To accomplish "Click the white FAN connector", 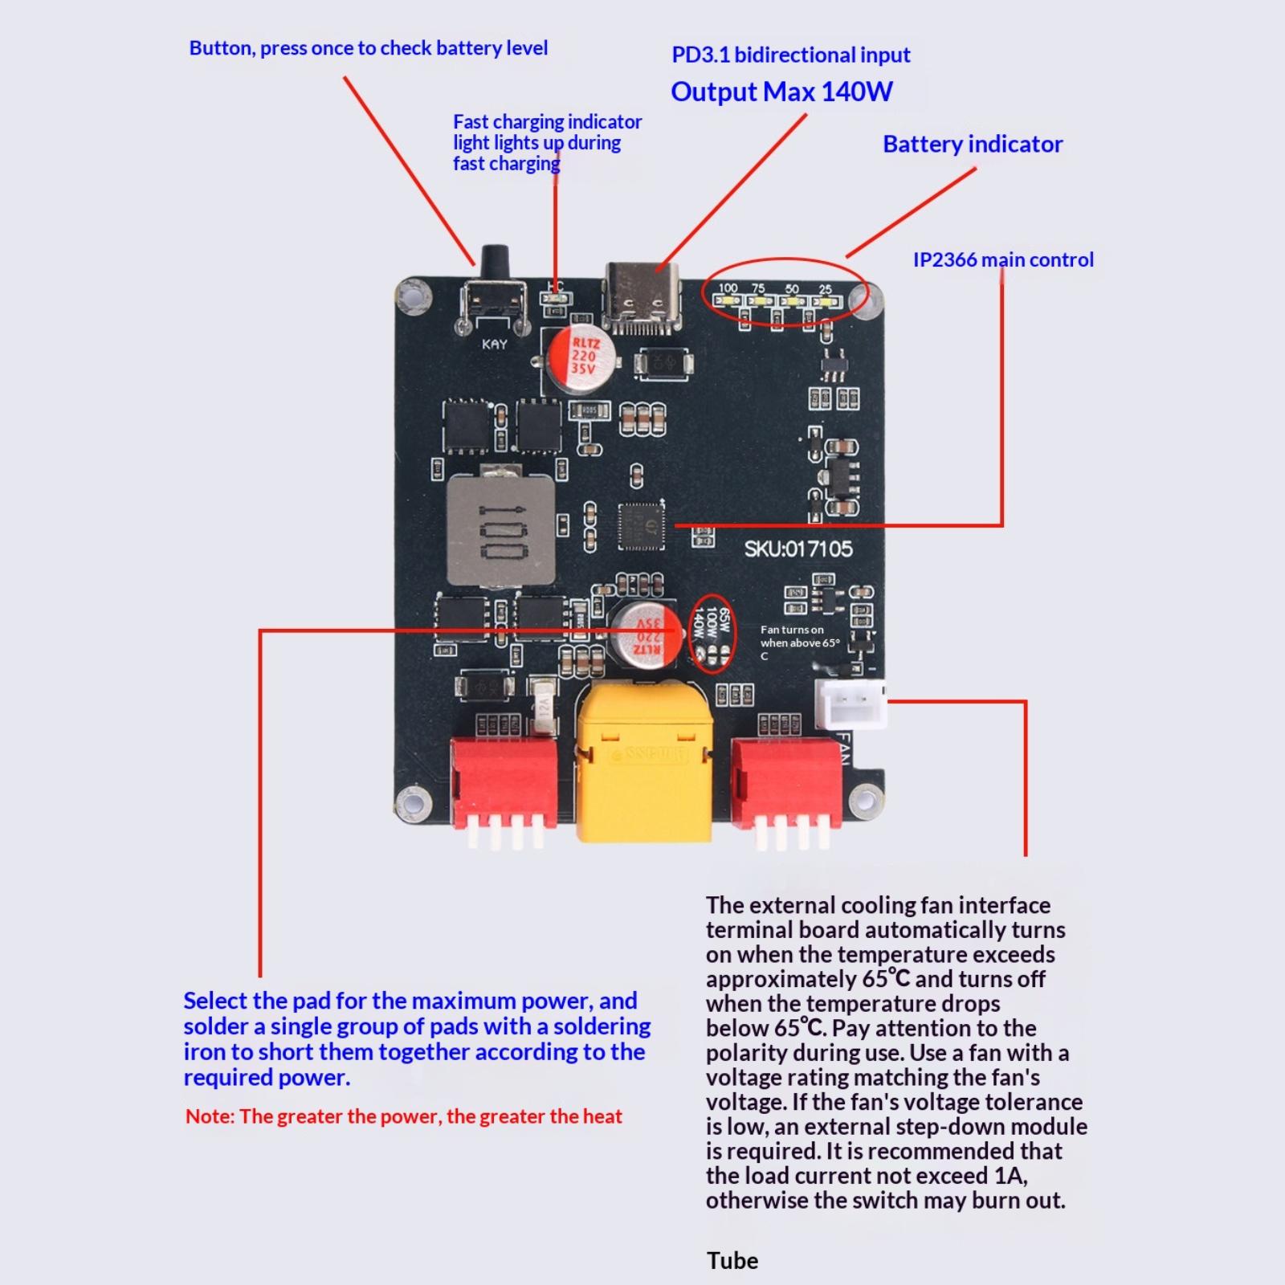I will point(851,704).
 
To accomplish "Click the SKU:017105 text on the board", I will point(798,549).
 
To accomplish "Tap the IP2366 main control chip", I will point(642,525).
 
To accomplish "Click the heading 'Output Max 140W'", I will point(781,92).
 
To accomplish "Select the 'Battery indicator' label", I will point(973,145).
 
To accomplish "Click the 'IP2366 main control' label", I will point(1003,260).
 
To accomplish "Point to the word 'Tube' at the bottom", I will point(732,1261).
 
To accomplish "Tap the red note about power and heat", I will point(404,1116).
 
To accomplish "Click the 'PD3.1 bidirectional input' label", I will point(791,55).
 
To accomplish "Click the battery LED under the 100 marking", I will point(730,302).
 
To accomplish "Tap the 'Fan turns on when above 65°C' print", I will point(799,642).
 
